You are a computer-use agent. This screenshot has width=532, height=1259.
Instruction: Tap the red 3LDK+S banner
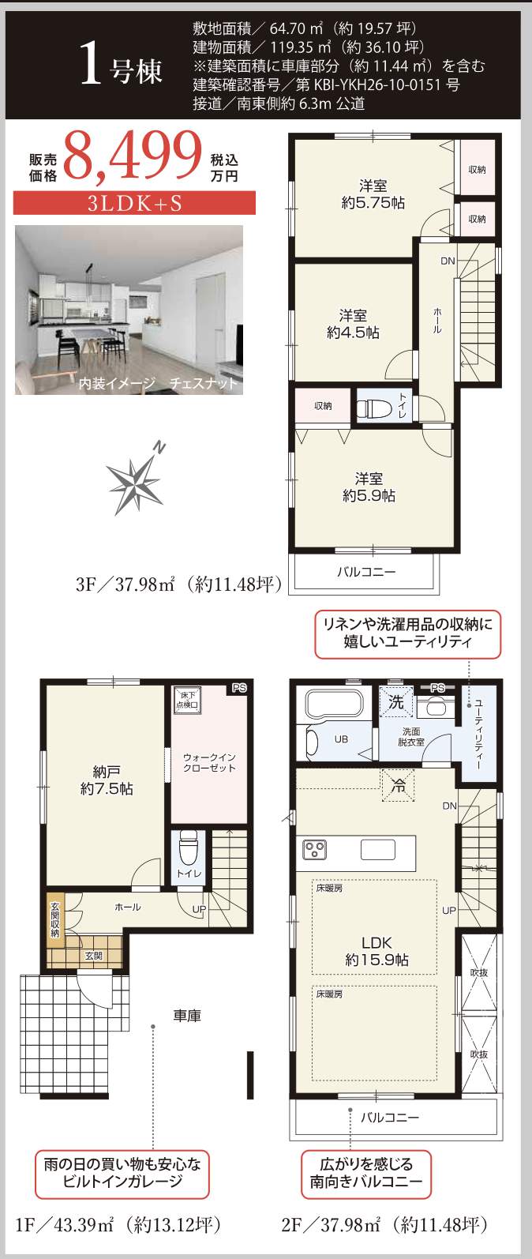[134, 203]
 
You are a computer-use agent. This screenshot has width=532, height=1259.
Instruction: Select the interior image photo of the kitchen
[129, 310]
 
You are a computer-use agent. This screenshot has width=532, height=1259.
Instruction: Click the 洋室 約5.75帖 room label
[373, 194]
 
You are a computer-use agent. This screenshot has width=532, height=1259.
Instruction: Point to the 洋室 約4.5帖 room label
[353, 324]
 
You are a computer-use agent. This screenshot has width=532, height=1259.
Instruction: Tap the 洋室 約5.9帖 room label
[369, 487]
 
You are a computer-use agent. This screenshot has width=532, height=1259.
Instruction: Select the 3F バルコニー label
[366, 571]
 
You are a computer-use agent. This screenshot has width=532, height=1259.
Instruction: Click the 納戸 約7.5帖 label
[106, 780]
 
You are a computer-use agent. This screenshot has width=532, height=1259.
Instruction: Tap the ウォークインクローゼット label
[209, 762]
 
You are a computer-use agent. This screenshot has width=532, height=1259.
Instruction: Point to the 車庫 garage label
[187, 1016]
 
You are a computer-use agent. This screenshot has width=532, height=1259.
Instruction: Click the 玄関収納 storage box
[54, 919]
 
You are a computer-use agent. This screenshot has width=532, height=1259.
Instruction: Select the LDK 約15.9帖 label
[377, 951]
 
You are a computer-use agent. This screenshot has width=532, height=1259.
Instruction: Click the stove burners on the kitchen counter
[316, 850]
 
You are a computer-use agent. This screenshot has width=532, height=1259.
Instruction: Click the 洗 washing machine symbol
[396, 701]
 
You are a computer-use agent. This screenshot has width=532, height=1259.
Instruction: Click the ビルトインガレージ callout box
[122, 1173]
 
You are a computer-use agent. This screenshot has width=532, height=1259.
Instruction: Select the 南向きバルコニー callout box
[366, 1173]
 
